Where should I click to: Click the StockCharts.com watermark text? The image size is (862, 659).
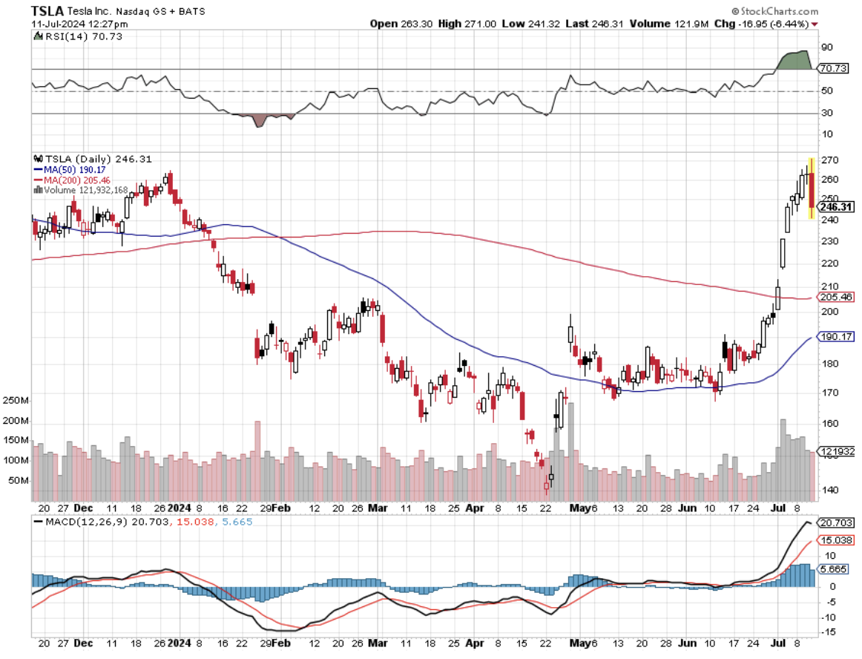pyautogui.click(x=779, y=11)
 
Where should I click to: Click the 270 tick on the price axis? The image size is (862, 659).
pyautogui.click(x=828, y=160)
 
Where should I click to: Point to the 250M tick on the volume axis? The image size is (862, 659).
pyautogui.click(x=17, y=401)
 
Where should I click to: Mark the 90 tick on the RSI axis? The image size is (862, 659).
pyautogui.click(x=826, y=47)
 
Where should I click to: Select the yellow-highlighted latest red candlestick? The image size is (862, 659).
pyautogui.click(x=812, y=188)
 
